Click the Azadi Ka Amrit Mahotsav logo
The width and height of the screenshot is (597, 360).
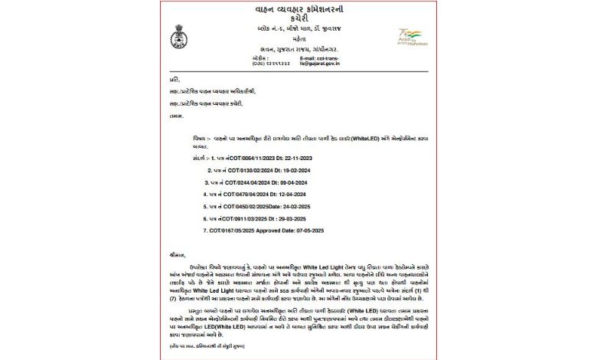[x=410, y=38]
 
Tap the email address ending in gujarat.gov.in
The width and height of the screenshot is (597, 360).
[x=319, y=62]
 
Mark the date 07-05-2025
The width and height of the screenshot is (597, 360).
[x=317, y=231]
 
